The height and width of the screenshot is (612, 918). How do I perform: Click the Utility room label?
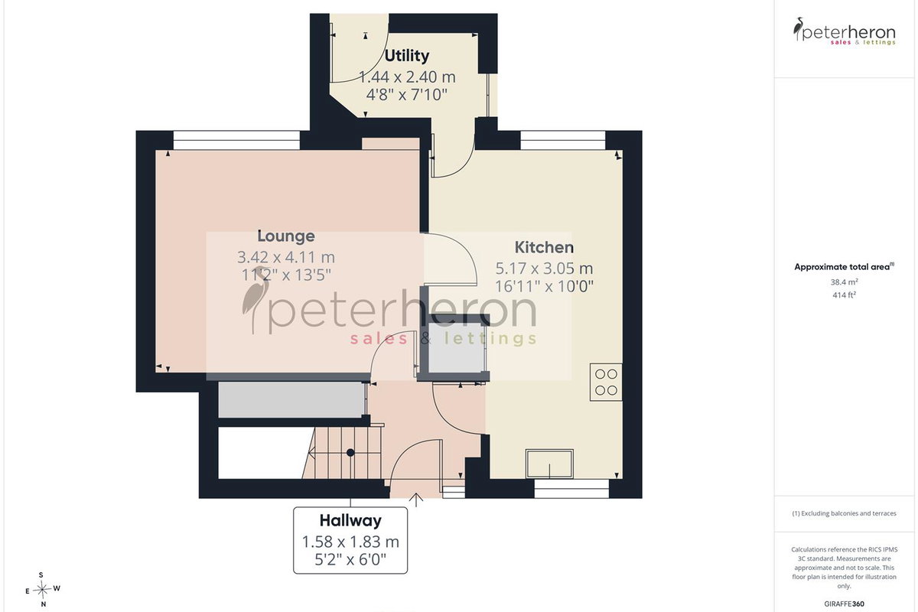[x=406, y=56]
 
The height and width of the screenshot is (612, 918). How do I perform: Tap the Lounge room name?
[x=286, y=236]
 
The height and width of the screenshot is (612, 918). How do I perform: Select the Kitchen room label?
[x=544, y=248]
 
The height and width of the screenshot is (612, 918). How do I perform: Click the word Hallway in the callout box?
[x=350, y=521]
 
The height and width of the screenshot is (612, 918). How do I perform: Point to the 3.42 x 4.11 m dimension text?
[x=286, y=258]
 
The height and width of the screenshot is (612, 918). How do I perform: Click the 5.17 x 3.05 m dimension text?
[x=544, y=269]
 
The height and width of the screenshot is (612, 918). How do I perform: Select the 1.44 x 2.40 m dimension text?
[x=407, y=77]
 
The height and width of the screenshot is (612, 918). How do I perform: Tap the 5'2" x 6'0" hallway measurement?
[x=350, y=559]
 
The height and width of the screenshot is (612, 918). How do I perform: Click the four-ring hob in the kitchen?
[x=606, y=382]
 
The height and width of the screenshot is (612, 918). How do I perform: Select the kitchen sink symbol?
[x=549, y=464]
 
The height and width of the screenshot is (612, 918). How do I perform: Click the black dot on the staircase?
[x=350, y=453]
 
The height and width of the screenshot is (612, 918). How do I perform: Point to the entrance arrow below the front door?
[x=416, y=500]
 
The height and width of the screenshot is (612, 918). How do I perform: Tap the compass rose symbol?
[x=42, y=591]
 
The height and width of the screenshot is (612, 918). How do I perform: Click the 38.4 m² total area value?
[x=845, y=282]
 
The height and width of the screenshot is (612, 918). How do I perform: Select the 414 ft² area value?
[x=845, y=295]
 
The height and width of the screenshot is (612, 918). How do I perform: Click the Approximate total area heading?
[x=845, y=267]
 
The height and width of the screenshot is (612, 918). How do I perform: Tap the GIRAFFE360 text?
[x=845, y=604]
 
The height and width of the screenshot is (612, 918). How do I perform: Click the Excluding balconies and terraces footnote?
[x=845, y=513]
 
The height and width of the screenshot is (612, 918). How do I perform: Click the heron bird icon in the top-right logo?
[x=798, y=29]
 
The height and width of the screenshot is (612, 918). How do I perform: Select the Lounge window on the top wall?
[x=237, y=140]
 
